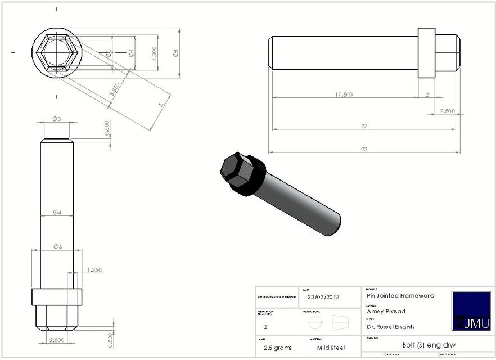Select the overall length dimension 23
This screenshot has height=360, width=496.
(x=364, y=149)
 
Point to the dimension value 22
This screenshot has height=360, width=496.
(x=364, y=126)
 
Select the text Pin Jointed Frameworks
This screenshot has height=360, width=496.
(x=400, y=295)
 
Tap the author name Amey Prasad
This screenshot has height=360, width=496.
(x=386, y=311)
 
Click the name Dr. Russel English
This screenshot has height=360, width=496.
(x=390, y=327)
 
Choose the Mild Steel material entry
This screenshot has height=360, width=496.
(x=331, y=348)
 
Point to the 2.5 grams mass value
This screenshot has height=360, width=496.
(x=276, y=348)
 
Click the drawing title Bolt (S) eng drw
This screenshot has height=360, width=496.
(x=421, y=345)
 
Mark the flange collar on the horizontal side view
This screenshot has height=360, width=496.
(x=426, y=53)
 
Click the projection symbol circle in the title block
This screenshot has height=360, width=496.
(x=315, y=323)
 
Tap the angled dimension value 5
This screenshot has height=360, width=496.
(x=161, y=105)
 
